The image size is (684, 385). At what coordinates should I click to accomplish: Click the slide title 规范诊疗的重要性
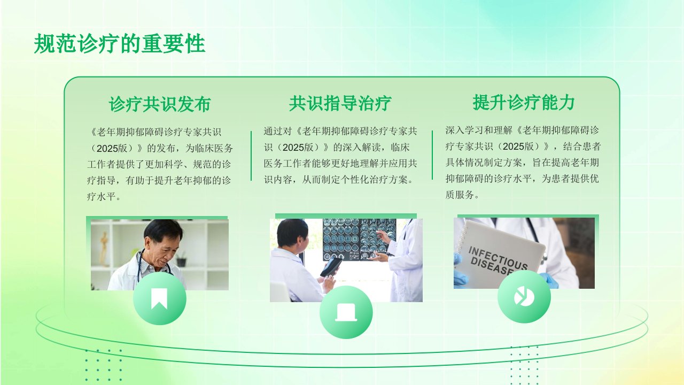coord(119,44)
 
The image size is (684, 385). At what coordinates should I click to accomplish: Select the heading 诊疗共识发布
coord(160,104)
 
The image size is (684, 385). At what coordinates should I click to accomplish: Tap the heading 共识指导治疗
coord(340,103)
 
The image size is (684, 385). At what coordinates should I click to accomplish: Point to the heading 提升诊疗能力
coord(524,102)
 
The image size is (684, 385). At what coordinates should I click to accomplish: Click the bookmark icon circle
coord(159,298)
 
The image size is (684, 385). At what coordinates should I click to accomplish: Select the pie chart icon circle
coord(524,296)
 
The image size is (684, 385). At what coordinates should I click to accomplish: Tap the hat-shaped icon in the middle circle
coord(346,312)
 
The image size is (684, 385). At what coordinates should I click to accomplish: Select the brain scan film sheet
coord(360,240)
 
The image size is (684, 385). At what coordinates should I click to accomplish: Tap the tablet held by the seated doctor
coord(331,267)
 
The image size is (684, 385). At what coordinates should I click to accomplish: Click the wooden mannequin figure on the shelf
coord(104,248)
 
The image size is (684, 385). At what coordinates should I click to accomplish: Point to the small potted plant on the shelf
coord(181,259)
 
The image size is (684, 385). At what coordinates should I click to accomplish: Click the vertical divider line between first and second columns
coord(251,156)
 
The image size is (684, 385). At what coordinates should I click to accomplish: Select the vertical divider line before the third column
coord(432,155)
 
